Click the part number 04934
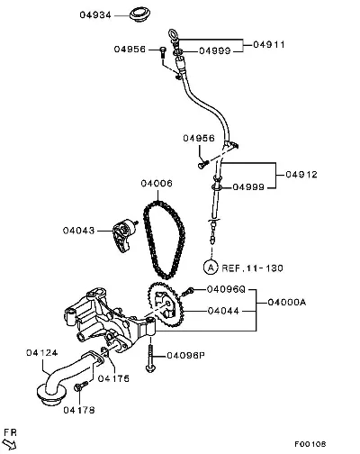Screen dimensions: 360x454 point(95,15)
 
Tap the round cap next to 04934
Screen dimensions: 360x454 point(140,14)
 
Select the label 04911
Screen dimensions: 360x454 point(269,45)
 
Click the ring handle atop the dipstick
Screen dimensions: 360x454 point(173,34)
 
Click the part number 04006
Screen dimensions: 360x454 point(157,183)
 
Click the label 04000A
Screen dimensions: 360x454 point(287,302)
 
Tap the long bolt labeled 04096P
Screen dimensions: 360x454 point(150,358)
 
